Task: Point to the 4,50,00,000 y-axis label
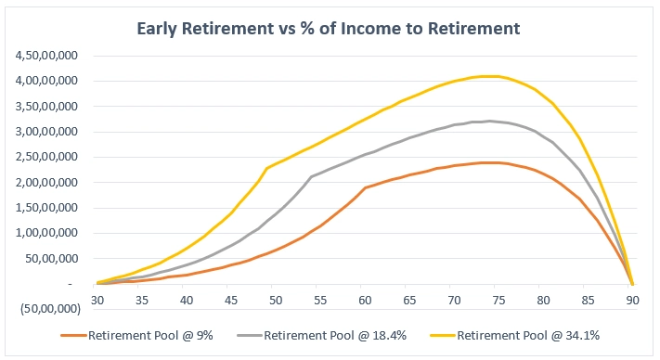click(50, 56)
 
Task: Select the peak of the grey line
click(489, 121)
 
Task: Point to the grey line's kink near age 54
click(311, 175)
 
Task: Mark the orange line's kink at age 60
click(365, 187)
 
